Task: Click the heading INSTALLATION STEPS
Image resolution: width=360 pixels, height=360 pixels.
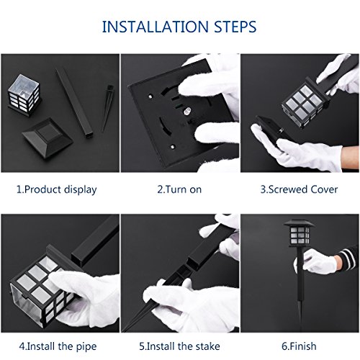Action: [180, 27]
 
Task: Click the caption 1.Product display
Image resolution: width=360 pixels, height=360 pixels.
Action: [56, 189]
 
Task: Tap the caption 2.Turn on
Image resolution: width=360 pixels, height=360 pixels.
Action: [179, 189]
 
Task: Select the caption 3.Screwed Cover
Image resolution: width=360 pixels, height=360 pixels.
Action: [298, 189]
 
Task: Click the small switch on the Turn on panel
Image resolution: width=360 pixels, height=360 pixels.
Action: [186, 112]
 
